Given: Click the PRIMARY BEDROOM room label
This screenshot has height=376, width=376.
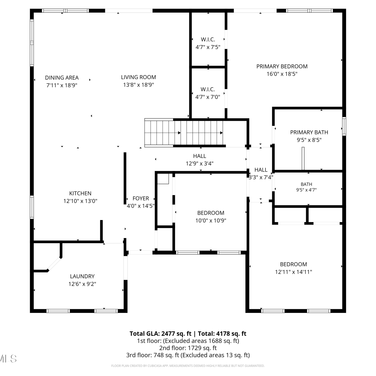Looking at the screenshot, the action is pyautogui.click(x=282, y=66).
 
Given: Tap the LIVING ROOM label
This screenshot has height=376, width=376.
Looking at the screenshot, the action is pyautogui.click(x=138, y=77).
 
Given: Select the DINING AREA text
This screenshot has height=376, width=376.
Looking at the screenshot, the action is pyautogui.click(x=62, y=78).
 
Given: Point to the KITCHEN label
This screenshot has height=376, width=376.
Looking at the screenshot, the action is pyautogui.click(x=80, y=193).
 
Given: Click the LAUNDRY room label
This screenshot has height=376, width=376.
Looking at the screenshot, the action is pyautogui.click(x=82, y=276).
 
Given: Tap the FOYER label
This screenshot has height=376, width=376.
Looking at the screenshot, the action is pyautogui.click(x=141, y=198).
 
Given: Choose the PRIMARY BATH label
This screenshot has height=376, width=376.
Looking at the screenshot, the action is pyautogui.click(x=309, y=132).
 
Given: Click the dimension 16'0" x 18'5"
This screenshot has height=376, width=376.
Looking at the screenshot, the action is pyautogui.click(x=282, y=74).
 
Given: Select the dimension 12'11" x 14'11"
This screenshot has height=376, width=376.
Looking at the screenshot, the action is pyautogui.click(x=294, y=272).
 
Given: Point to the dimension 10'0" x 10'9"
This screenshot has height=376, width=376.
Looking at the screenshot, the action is pyautogui.click(x=211, y=221).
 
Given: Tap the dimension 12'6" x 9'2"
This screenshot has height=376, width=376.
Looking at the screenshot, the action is pyautogui.click(x=82, y=284).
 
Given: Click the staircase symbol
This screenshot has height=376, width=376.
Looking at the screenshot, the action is pyautogui.click(x=184, y=132).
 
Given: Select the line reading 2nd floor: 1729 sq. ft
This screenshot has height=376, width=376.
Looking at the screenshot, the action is pyautogui.click(x=188, y=348).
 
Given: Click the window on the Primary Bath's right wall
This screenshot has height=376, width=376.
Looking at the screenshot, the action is pyautogui.click(x=344, y=126).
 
